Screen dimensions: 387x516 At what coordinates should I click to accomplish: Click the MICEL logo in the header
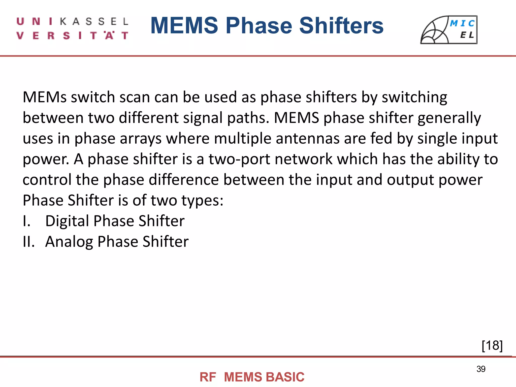point(449,30)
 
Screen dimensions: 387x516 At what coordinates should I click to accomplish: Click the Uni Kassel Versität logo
point(73,28)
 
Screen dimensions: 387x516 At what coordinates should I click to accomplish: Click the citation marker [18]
point(492,345)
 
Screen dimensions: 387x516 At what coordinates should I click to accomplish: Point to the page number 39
point(481,369)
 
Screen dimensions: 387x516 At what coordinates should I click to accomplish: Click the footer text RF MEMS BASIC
point(252,377)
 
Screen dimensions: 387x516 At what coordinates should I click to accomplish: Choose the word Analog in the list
point(69,242)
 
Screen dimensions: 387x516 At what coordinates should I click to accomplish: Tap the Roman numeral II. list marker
point(29,242)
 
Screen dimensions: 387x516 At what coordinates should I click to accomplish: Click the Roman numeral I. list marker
point(27,221)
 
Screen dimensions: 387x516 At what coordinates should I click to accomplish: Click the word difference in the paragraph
point(184,180)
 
